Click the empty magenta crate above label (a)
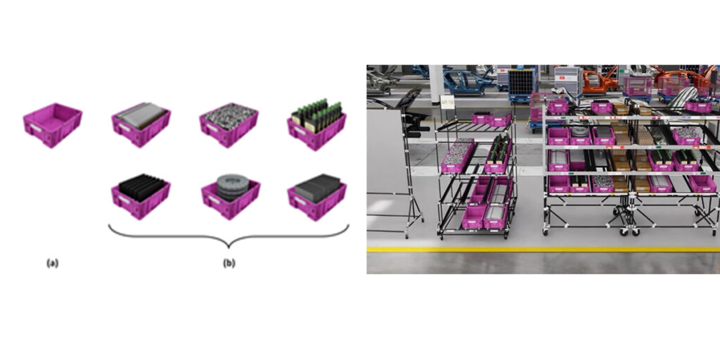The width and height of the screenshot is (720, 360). pyautogui.click(x=53, y=125)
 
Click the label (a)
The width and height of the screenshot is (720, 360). pyautogui.click(x=52, y=263)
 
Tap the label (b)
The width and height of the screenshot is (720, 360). pyautogui.click(x=229, y=263)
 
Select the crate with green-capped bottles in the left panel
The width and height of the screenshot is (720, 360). pyautogui.click(x=317, y=124)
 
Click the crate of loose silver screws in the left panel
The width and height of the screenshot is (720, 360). pyautogui.click(x=229, y=124)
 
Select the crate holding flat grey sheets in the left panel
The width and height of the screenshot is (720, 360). pyautogui.click(x=141, y=124)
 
